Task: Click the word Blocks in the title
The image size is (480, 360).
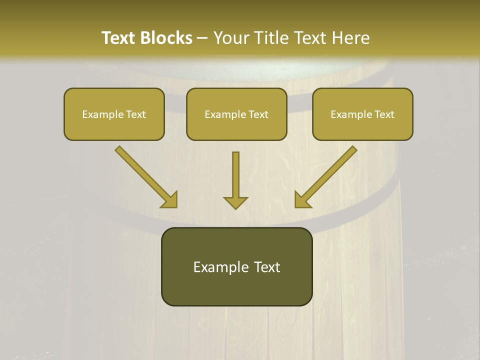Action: (166, 38)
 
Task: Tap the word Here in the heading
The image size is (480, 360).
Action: (351, 38)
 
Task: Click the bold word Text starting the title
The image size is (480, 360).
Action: (118, 38)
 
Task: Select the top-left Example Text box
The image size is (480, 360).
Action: (114, 114)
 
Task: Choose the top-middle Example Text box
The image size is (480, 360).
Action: (236, 114)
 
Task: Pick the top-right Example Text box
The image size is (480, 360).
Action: (362, 114)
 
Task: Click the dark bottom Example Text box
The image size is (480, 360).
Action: (236, 266)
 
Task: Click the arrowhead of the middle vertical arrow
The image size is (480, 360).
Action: (235, 202)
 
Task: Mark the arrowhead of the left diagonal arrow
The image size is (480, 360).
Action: (170, 200)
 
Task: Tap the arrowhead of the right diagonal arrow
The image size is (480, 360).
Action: (301, 200)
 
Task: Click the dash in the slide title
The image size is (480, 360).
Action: (202, 38)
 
